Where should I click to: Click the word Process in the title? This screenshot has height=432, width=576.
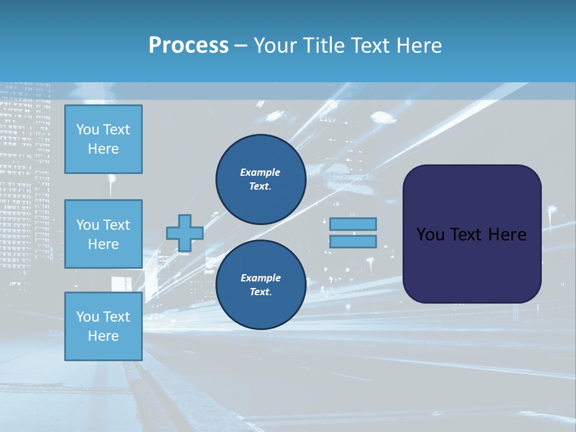click(x=188, y=46)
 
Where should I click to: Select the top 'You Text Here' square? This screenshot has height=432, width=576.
click(x=103, y=139)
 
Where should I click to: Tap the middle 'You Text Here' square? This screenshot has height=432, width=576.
click(x=103, y=234)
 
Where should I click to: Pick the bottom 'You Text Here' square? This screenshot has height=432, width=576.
click(x=103, y=326)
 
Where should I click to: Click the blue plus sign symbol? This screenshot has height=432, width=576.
click(x=185, y=233)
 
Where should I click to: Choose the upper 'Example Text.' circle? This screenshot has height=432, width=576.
click(x=260, y=179)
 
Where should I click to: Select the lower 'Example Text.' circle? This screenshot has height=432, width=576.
click(x=260, y=285)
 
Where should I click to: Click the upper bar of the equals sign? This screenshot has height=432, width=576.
click(x=353, y=224)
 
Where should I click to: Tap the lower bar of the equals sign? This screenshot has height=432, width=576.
click(x=353, y=242)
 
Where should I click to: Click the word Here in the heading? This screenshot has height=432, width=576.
click(x=419, y=46)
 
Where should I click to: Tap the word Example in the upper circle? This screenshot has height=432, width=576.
click(x=260, y=172)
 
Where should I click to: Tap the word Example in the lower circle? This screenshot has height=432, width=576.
click(x=260, y=278)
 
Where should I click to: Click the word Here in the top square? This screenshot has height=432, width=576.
click(x=103, y=149)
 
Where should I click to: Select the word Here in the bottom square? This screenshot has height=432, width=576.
click(x=103, y=336)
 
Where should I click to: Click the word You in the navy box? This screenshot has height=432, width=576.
click(x=430, y=235)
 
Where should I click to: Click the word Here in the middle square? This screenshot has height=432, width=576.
click(x=103, y=244)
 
